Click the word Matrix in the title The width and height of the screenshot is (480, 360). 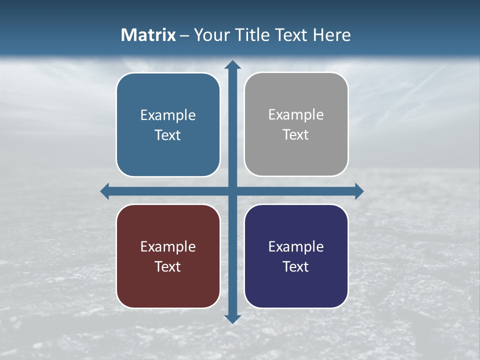[x=148, y=35]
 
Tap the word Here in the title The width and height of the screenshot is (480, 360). [x=332, y=35]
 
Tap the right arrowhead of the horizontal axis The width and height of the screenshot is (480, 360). [x=359, y=191]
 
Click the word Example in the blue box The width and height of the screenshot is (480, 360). [x=168, y=115]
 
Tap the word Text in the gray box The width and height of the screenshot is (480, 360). [x=296, y=135]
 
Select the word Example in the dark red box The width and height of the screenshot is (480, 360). [x=168, y=247]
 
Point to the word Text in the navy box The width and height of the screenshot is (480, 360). [x=296, y=267]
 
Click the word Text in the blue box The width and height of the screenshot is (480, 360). [x=168, y=135]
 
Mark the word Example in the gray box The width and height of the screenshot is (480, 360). [x=296, y=115]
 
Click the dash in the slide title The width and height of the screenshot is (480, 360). [x=184, y=35]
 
